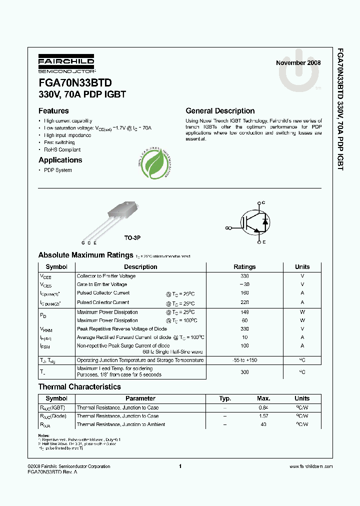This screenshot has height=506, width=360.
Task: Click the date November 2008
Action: (298, 63)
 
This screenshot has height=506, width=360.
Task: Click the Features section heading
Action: (53, 111)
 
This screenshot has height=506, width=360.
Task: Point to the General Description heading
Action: (220, 111)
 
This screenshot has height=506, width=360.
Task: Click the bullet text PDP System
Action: (57, 170)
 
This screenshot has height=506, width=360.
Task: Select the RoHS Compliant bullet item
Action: (62, 149)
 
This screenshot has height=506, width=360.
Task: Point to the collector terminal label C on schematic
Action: (263, 202)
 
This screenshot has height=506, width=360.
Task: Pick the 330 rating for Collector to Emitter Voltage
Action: (244, 276)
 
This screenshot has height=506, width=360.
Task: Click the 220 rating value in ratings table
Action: (244, 302)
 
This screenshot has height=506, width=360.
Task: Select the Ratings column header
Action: (244, 267)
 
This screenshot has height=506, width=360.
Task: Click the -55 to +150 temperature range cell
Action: (244, 360)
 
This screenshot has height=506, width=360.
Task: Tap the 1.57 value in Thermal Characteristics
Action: (263, 416)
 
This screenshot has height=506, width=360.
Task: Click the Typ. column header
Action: (225, 398)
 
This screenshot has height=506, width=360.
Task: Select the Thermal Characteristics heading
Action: (79, 386)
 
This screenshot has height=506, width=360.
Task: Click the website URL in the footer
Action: (310, 466)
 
